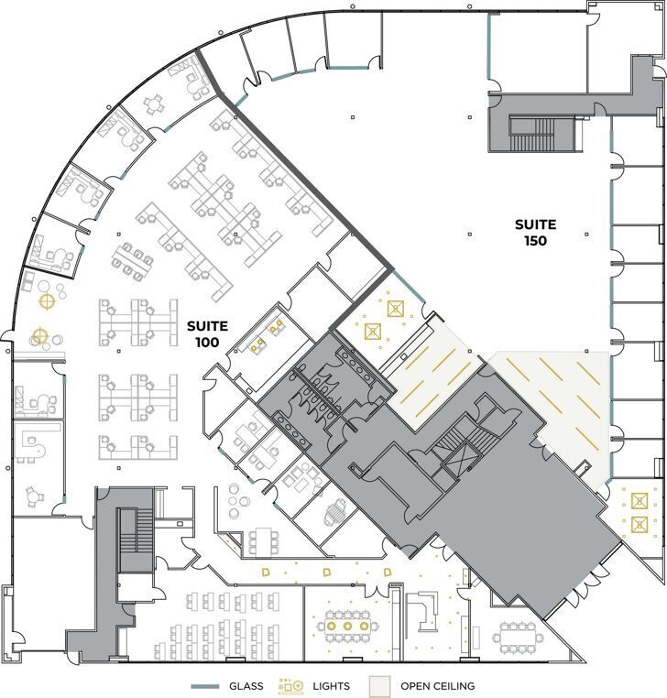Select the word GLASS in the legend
click(x=245, y=686)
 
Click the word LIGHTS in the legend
click(x=330, y=686)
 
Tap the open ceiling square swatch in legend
click(x=379, y=686)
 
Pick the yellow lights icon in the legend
click(x=291, y=685)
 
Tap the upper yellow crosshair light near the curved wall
click(x=46, y=299)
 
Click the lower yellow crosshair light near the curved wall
click(x=38, y=335)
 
